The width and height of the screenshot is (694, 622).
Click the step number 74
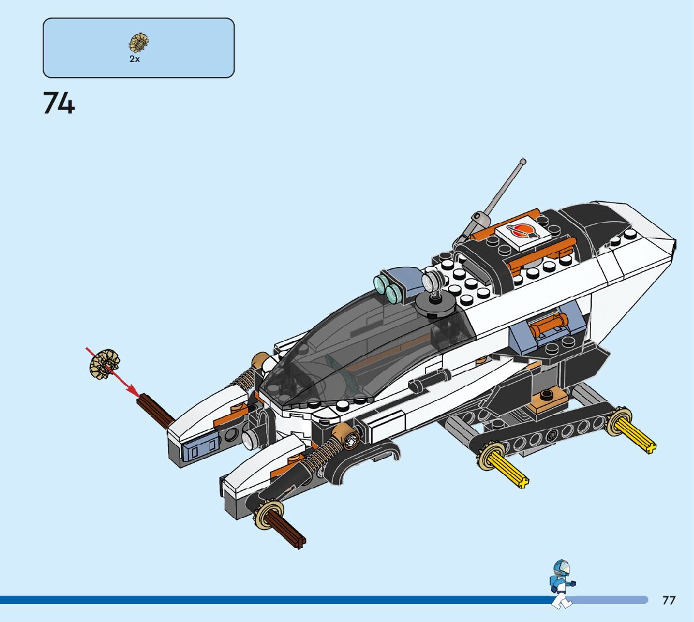59,103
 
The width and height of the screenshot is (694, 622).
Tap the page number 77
669,601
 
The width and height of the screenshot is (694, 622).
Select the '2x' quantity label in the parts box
134,59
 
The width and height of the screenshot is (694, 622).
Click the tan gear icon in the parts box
139,43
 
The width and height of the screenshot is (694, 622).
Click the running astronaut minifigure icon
561,583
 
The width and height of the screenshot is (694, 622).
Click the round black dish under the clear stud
434,303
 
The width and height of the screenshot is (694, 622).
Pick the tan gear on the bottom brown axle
269,516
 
